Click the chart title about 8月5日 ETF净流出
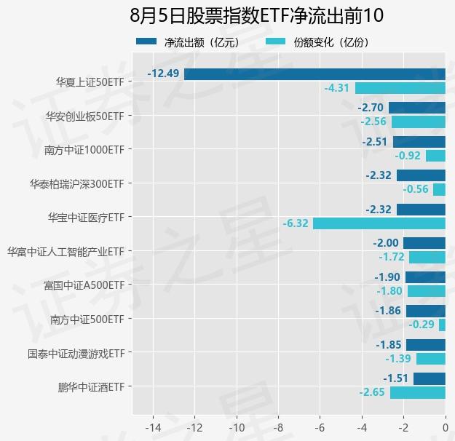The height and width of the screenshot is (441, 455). tap(256, 15)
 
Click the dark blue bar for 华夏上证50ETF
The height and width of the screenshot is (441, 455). tap(314, 74)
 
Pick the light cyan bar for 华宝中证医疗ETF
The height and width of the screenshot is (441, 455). tap(379, 223)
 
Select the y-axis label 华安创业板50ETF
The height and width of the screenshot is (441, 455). tap(84, 116)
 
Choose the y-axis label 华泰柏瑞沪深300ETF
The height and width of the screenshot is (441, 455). tap(76, 183)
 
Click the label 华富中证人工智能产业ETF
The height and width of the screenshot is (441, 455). tap(66, 251)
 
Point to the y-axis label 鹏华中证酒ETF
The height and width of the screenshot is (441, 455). tap(91, 386)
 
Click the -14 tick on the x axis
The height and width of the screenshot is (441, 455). tap(153, 427)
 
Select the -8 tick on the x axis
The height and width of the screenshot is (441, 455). tap(278, 427)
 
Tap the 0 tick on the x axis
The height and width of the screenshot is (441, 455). tap(445, 427)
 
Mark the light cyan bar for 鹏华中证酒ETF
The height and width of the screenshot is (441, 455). tap(417, 393)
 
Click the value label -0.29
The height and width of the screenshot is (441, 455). tap(422, 325)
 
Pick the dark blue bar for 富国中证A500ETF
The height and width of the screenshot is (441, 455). tap(425, 277)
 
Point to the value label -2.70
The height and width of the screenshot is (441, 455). tap(371, 108)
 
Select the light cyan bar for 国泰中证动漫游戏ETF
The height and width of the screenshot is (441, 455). tap(430, 359)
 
